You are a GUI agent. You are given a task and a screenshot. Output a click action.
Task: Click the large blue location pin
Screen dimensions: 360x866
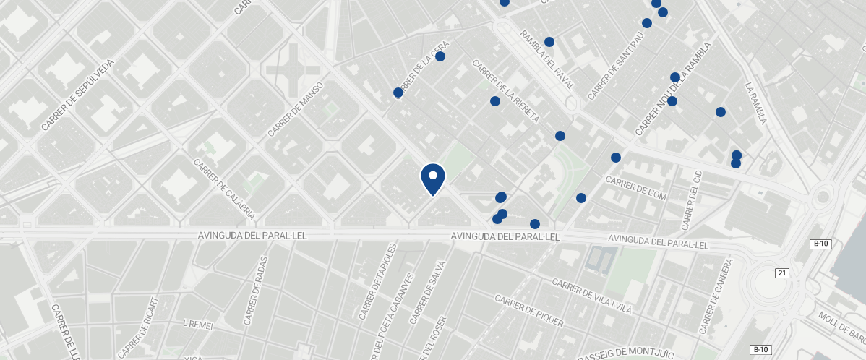click(432, 179)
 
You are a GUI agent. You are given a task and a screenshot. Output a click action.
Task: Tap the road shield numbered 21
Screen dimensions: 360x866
click(781, 273)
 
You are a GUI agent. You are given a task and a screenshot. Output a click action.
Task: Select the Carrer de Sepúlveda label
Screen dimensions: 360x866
click(78, 95)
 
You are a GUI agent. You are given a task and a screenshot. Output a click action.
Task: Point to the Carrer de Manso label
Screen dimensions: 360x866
click(295, 109)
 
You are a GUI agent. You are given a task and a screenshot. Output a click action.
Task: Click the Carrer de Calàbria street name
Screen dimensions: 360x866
click(224, 189)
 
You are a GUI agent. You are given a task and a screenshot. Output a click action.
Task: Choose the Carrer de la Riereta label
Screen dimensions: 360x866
click(505, 91)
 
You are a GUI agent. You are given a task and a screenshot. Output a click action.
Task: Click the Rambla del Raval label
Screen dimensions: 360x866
click(546, 59)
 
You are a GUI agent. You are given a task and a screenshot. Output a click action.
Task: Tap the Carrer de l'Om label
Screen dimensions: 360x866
click(635, 188)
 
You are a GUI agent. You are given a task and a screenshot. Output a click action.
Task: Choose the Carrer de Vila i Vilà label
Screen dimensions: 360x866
click(591, 296)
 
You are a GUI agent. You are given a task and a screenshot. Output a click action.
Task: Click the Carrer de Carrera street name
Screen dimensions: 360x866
click(716, 296)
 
